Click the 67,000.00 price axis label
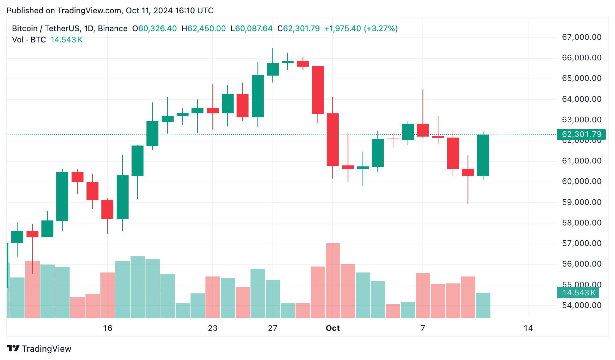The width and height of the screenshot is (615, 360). click(x=582, y=37)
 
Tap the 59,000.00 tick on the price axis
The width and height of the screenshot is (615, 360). click(x=582, y=202)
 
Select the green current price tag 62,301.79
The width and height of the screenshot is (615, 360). click(x=582, y=134)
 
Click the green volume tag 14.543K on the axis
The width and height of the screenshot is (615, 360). click(x=579, y=293)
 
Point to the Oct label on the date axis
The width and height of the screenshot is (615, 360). click(x=333, y=328)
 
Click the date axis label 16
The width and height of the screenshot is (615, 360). click(x=108, y=328)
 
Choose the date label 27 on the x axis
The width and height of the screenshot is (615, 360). click(x=273, y=328)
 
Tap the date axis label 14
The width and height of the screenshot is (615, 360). click(x=528, y=328)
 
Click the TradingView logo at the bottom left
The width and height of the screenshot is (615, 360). click(x=39, y=349)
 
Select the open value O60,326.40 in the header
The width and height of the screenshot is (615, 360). click(x=154, y=29)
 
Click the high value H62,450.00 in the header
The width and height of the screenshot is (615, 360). click(x=203, y=29)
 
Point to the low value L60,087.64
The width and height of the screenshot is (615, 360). click(x=252, y=29)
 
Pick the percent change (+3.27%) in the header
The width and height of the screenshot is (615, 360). click(x=381, y=29)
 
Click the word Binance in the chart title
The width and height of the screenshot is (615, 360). click(x=113, y=29)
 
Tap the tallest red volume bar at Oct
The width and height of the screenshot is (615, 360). click(x=333, y=280)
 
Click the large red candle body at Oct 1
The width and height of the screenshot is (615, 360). click(x=333, y=139)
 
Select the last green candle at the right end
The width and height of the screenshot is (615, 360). click(x=483, y=155)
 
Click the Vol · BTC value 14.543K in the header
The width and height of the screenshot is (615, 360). click(x=66, y=40)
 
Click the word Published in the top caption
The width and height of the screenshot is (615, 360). click(x=25, y=11)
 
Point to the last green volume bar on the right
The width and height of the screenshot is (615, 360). click(x=483, y=305)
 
